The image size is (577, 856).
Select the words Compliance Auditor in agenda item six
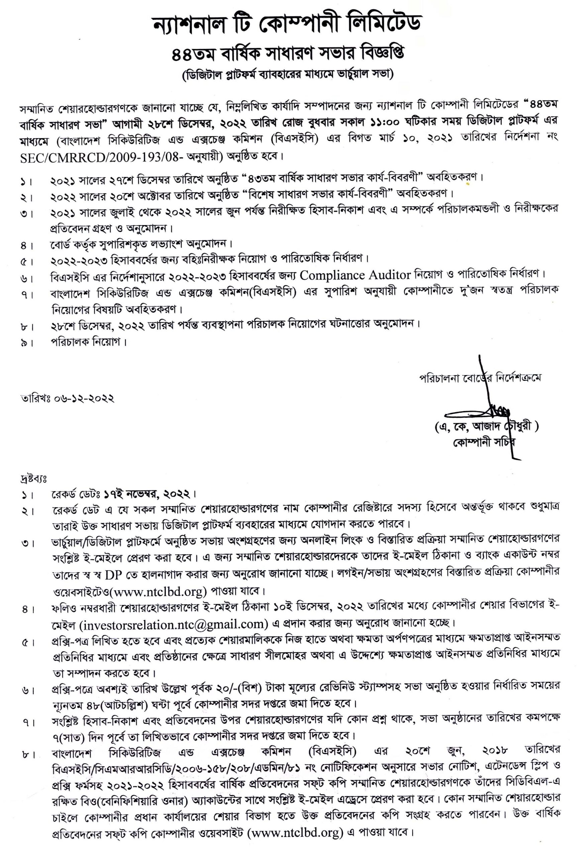356,275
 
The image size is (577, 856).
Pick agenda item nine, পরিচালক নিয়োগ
88,342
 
